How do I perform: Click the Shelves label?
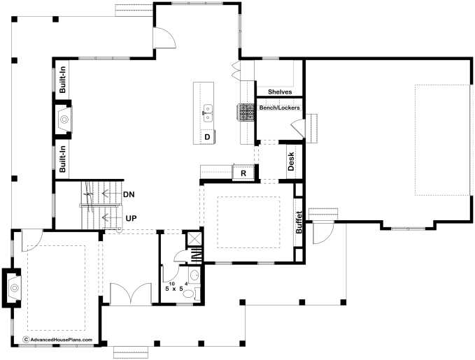(280, 92)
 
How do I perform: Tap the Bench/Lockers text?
(279, 108)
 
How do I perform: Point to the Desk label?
(291, 161)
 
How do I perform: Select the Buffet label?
(299, 222)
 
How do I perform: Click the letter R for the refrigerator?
(243, 173)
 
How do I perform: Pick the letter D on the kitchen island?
(207, 137)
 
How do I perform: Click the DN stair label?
(129, 194)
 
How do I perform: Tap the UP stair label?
(131, 218)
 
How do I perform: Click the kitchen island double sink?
(208, 113)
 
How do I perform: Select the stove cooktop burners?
(246, 112)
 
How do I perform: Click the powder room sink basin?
(194, 275)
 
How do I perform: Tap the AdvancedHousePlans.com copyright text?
(57, 340)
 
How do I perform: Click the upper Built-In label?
(62, 80)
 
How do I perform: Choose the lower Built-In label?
(62, 159)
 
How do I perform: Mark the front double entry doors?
(131, 294)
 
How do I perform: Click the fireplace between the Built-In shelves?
(64, 120)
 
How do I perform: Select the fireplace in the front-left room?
(12, 287)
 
